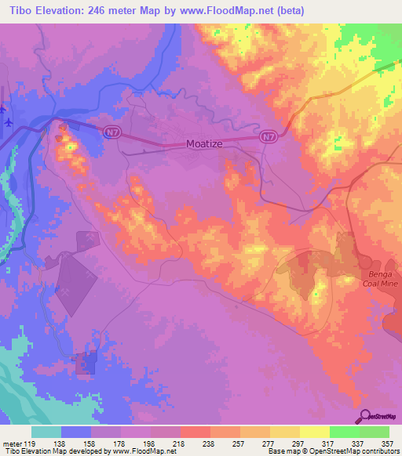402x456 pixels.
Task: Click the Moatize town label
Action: (x=207, y=144)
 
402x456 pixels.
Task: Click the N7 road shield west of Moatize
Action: (x=109, y=132)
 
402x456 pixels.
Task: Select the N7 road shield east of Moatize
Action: (x=269, y=136)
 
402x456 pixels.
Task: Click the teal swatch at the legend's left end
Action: (x=46, y=432)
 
